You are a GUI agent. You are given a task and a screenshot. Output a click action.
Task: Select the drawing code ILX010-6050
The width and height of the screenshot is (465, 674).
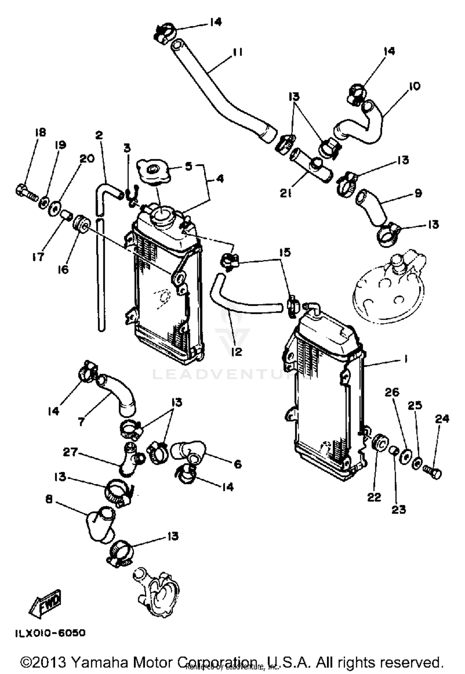tap(50, 633)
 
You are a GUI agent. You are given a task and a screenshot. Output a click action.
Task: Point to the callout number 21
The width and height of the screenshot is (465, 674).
tap(286, 194)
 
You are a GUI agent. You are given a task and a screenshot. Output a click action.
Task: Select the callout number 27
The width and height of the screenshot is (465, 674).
tap(70, 452)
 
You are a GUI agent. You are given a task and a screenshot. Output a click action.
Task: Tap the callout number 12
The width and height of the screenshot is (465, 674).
tap(237, 351)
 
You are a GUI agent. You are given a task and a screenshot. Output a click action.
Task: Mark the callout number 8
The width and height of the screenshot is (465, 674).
tap(49, 500)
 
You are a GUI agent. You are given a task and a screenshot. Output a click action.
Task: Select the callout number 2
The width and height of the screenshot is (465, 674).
tap(99, 135)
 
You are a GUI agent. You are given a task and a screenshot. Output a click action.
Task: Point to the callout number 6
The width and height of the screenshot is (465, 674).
tap(237, 464)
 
